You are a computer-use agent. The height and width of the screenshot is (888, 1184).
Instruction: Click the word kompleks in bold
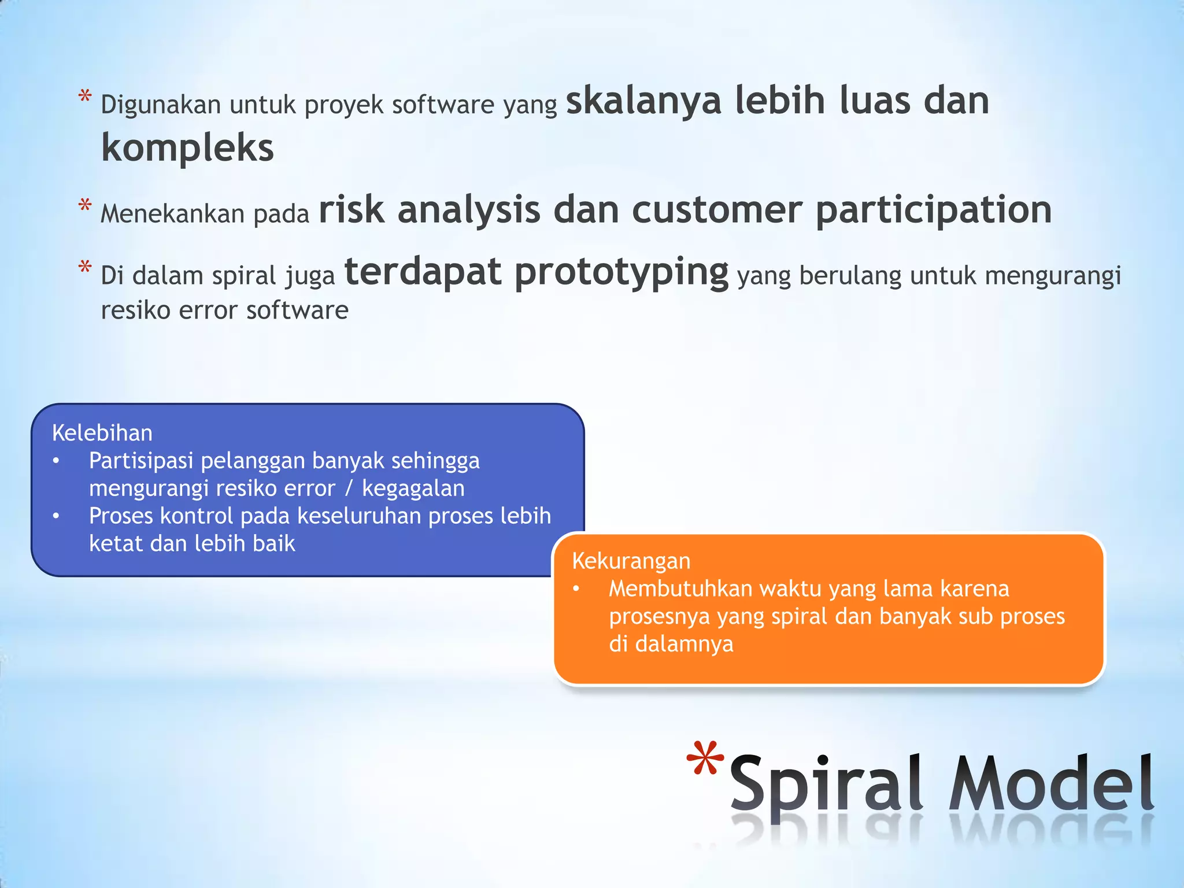187,148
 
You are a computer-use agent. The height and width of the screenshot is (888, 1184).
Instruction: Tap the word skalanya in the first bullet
643,101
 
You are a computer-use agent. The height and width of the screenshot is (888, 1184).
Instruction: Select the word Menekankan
172,214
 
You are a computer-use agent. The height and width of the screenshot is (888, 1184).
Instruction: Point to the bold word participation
933,210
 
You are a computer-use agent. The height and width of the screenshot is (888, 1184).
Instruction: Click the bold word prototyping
621,273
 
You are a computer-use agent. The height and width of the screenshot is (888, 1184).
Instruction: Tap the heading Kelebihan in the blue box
102,433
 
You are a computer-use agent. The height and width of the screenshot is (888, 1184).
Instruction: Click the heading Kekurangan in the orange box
631,561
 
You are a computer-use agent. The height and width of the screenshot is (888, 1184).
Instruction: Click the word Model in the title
1051,784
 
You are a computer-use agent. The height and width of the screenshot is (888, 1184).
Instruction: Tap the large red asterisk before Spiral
705,758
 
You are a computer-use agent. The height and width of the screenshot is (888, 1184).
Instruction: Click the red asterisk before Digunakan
85,97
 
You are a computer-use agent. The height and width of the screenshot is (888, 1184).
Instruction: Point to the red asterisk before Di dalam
85,268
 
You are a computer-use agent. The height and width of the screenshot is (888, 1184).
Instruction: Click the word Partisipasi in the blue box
140,461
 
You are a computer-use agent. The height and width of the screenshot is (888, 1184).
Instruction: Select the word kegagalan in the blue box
413,489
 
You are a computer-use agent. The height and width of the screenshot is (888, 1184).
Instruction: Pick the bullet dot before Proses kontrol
56,516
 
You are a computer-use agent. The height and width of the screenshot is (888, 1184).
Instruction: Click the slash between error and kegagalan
348,489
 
